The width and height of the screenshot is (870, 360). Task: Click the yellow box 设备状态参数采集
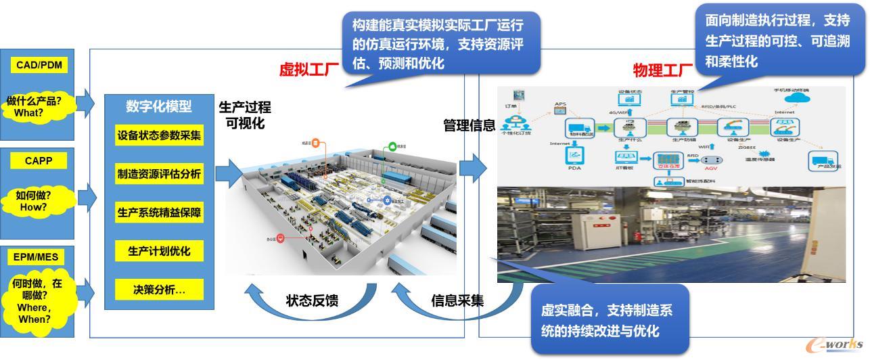159,135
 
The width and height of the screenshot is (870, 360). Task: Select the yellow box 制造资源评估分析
159,174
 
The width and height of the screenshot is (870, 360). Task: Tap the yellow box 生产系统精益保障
159,212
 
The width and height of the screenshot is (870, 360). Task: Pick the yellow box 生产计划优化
159,252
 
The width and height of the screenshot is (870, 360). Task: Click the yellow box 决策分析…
159,290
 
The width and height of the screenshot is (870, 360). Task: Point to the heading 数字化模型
159,106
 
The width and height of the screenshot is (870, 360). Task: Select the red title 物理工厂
662,70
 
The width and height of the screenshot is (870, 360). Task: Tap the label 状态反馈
312,300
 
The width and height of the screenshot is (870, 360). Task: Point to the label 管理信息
470,125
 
